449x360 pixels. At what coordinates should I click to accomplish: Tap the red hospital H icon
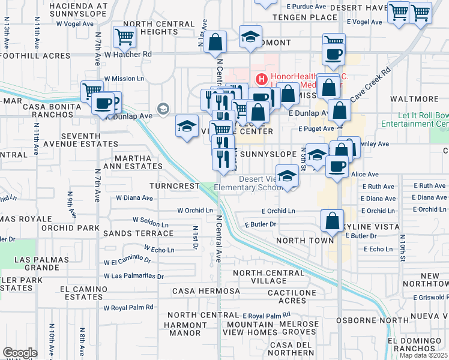261,78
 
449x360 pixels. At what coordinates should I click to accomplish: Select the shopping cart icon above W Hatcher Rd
124,37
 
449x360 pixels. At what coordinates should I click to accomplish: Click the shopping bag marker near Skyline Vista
333,221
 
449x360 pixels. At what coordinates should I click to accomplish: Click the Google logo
20,352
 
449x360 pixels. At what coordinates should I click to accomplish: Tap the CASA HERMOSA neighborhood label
206,291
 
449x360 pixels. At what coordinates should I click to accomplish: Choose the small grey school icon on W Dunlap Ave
163,109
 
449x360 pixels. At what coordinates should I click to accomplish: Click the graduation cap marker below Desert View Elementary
288,178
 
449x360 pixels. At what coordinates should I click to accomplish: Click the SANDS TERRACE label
134,233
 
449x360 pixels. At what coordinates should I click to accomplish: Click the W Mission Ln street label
124,78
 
